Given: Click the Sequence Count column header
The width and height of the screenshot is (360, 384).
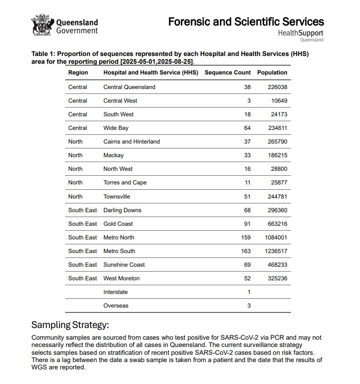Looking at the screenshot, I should coord(227,73).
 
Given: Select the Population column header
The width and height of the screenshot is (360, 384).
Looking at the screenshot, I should coord(272,73).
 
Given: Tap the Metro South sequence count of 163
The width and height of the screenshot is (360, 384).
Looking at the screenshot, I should coord(246,251).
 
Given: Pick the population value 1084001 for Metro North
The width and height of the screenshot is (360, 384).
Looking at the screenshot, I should coord(272,238).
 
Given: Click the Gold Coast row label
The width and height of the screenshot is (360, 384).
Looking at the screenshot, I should coord(118,224).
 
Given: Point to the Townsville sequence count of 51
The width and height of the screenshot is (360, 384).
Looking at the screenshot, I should coord(247,197).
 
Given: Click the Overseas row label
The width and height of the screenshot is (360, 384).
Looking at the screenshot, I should coord(116,306).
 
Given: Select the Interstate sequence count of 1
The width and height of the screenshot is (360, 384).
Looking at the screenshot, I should coord(249,292).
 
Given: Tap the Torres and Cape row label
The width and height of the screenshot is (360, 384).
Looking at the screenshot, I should coord(125,183).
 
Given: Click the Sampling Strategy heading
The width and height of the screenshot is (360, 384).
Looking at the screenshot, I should coord(70,325).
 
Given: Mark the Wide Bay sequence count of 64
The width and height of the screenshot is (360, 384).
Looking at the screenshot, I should coord(247,128).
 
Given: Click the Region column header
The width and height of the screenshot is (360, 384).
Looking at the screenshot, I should coord(78,73).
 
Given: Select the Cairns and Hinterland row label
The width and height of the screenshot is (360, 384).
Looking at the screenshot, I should coord(131,142).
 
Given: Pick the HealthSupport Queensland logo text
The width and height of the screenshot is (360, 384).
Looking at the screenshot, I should coord(300,34).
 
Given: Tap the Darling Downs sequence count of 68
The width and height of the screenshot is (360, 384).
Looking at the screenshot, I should coord(247,210).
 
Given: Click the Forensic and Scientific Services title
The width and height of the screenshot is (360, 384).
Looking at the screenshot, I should coord(246,21).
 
